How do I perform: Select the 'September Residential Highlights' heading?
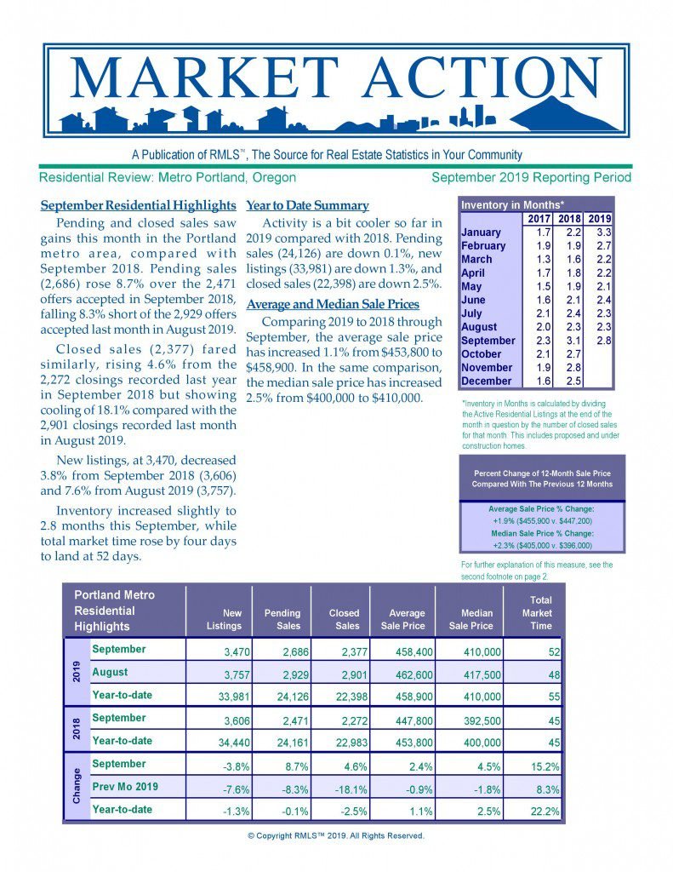tap(138, 205)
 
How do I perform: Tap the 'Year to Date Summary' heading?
tap(307, 205)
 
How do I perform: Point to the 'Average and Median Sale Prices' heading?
tap(332, 305)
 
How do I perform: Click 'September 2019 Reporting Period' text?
tap(531, 177)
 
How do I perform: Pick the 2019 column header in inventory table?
tap(599, 219)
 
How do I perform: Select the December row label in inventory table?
tap(487, 381)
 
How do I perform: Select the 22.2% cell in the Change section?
tap(544, 812)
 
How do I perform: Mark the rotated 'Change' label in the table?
tap(77, 787)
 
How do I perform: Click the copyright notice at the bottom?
tap(336, 835)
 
